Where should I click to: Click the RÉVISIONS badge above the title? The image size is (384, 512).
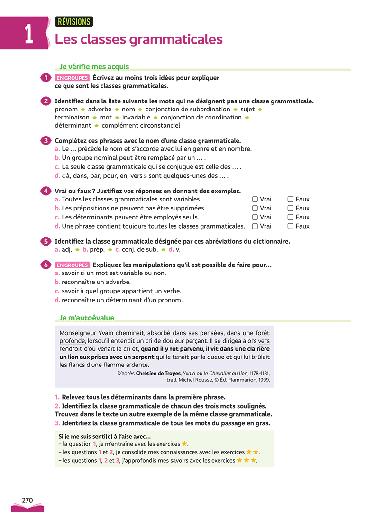click(x=74, y=21)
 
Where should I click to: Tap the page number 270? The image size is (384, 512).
click(x=27, y=500)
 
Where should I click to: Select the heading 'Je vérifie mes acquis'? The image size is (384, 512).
click(x=94, y=67)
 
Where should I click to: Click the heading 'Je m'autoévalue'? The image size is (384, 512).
click(x=87, y=318)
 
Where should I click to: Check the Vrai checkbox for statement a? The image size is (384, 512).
click(x=255, y=200)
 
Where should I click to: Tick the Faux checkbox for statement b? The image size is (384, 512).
click(x=291, y=208)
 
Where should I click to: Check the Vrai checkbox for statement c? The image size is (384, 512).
click(x=255, y=217)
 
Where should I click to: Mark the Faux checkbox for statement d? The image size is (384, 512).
click(x=291, y=226)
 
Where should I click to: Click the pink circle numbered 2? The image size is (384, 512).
click(x=46, y=101)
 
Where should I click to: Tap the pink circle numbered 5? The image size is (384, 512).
click(x=46, y=241)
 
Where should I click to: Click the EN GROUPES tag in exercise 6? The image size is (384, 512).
click(x=72, y=265)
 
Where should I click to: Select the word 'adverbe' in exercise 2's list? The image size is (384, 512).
click(x=100, y=109)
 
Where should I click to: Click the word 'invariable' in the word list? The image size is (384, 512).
click(x=136, y=117)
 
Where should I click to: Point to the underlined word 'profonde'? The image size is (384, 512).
click(x=72, y=340)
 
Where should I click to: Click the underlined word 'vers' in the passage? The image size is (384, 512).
click(x=264, y=340)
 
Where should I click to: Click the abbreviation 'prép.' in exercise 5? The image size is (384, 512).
click(x=97, y=249)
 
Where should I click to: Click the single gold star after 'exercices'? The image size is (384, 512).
click(x=185, y=444)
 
